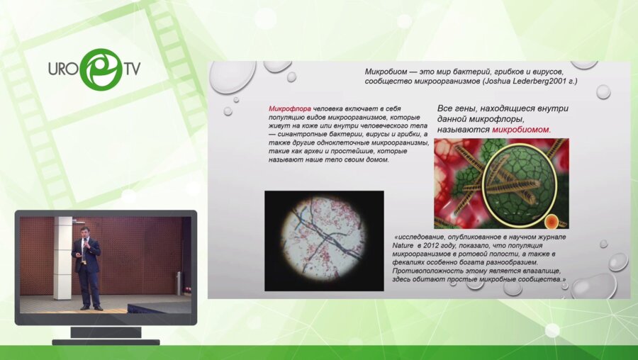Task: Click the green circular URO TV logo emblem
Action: click(101, 69)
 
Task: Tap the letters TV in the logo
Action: click(133, 68)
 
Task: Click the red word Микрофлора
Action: click(290, 108)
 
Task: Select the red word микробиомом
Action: click(521, 130)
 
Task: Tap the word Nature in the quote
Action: click(402, 245)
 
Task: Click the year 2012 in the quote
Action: click(431, 245)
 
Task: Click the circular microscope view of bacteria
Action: click(324, 239)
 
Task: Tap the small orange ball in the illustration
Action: click(552, 221)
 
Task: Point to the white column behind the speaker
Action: click(63, 258)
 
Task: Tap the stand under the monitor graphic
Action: click(106, 336)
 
